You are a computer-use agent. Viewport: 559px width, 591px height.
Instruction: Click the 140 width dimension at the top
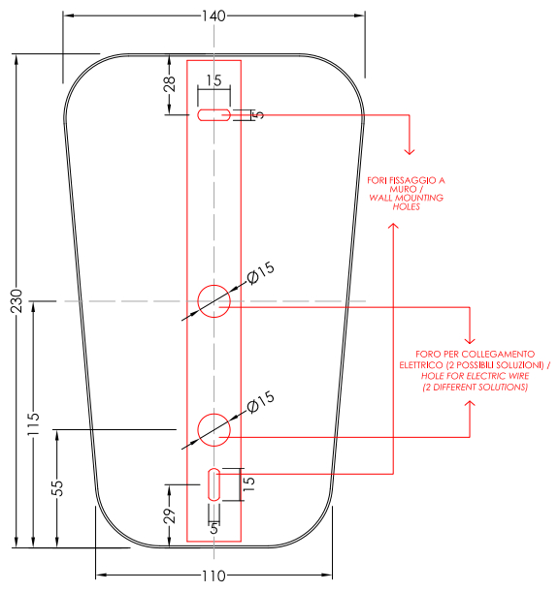click(214, 16)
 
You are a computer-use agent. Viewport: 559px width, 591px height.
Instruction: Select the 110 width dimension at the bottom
click(214, 575)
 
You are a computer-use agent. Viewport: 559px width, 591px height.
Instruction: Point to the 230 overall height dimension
click(16, 300)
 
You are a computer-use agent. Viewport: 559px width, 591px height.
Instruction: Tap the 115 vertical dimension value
click(34, 424)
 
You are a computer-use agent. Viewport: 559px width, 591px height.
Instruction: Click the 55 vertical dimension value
click(57, 487)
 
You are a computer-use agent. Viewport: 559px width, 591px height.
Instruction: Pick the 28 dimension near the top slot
click(170, 83)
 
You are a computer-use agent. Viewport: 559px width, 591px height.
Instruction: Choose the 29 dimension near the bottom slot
click(170, 515)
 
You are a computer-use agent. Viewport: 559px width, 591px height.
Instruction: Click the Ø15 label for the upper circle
click(260, 273)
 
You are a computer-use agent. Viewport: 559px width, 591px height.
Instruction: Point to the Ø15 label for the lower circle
click(260, 402)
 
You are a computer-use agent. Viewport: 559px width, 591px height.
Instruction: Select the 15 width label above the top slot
click(214, 80)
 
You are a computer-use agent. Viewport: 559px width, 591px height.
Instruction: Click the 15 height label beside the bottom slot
click(248, 483)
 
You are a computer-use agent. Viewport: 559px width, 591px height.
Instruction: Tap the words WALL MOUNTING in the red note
click(406, 198)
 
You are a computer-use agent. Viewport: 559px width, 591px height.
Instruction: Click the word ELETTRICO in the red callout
click(421, 365)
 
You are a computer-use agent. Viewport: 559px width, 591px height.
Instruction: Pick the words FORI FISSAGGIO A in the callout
click(406, 180)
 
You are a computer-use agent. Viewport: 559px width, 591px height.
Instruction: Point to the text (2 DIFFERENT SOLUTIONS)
click(475, 388)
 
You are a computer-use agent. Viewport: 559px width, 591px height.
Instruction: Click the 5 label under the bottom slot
click(214, 528)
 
